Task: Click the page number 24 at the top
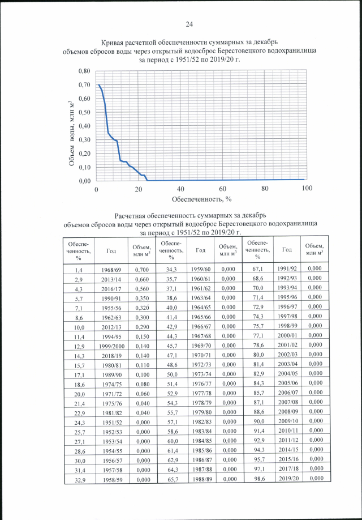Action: click(x=189, y=24)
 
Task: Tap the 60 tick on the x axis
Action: click(x=223, y=189)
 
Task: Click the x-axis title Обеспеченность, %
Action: click(x=202, y=199)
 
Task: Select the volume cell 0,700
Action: click(x=140, y=269)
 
